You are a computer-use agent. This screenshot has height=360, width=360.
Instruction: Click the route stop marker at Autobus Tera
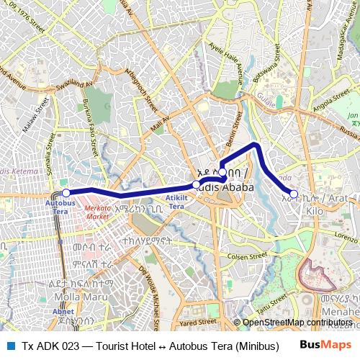click(66, 192)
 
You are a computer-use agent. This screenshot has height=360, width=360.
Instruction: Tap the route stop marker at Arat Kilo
click(293, 193)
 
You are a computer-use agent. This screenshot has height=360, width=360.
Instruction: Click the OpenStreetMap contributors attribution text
click(294, 322)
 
